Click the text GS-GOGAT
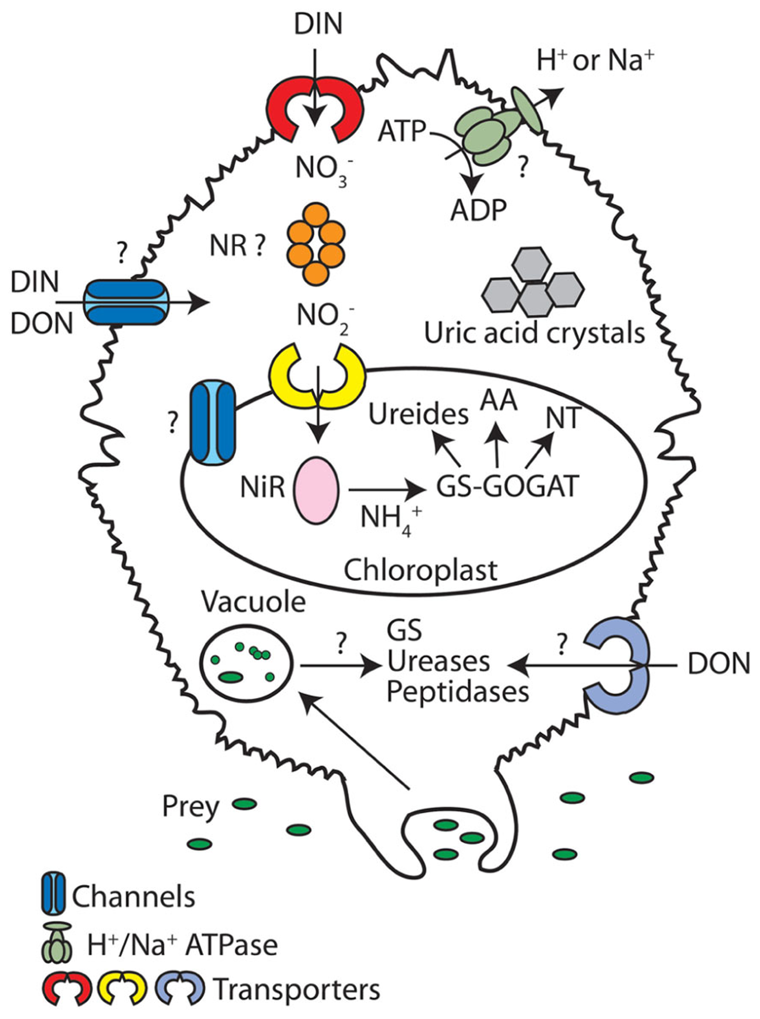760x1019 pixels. [x=506, y=487]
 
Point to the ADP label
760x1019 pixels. [x=478, y=211]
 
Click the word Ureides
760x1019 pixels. [x=418, y=415]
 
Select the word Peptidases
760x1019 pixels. [x=457, y=691]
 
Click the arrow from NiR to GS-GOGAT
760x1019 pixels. [x=386, y=490]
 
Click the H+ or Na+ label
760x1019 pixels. [x=596, y=61]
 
